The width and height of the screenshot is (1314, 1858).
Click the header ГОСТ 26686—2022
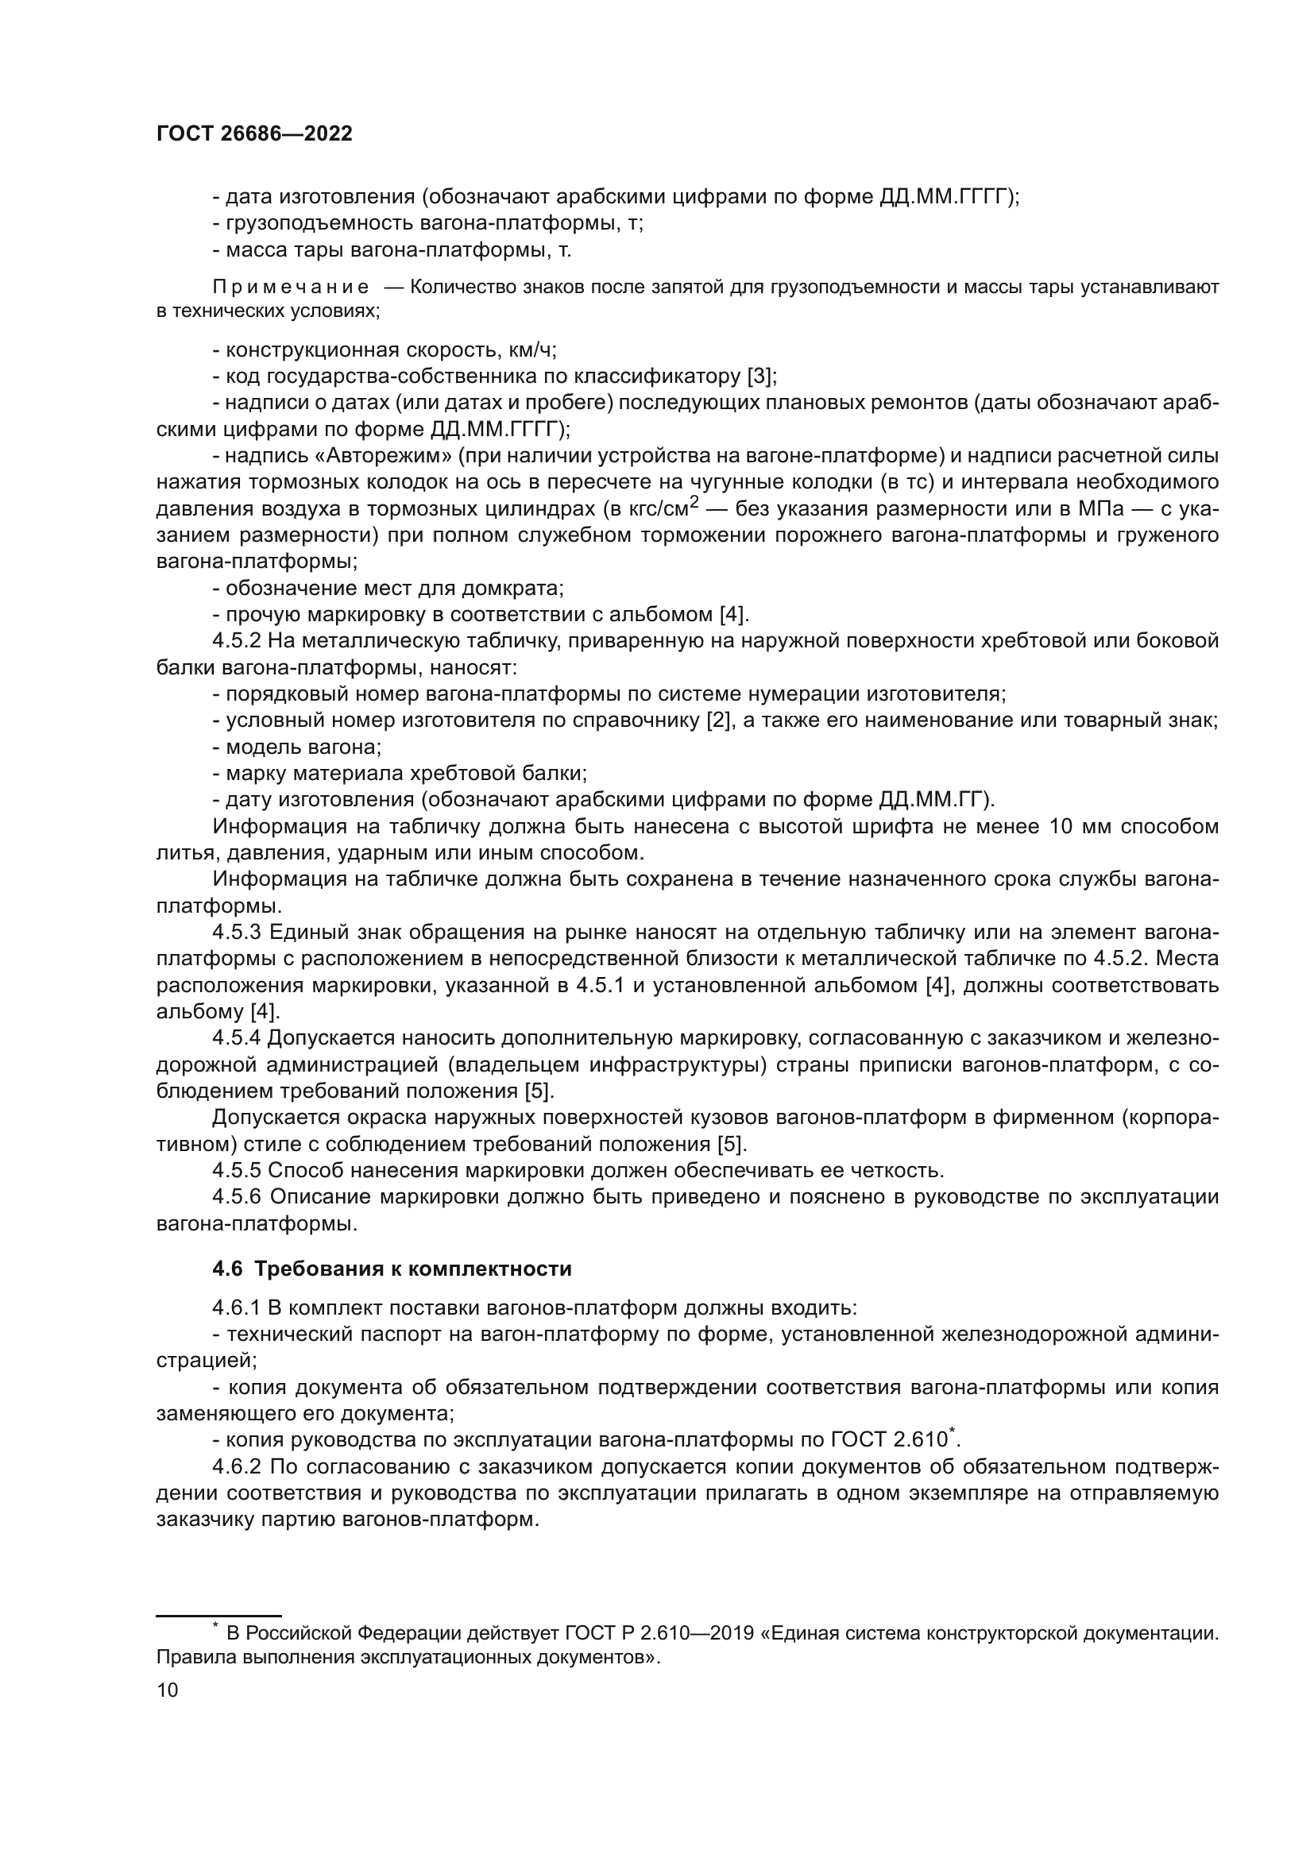point(254,134)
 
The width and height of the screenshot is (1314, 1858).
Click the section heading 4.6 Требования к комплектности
point(392,1269)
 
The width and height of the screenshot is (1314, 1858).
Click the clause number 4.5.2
point(236,642)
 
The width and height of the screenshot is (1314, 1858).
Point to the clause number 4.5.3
point(236,933)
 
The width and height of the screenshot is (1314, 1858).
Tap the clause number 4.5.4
point(236,1038)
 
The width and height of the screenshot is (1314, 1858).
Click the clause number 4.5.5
point(236,1170)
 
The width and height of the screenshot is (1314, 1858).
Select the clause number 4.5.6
point(236,1197)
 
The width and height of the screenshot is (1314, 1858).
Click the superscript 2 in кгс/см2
point(694,502)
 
